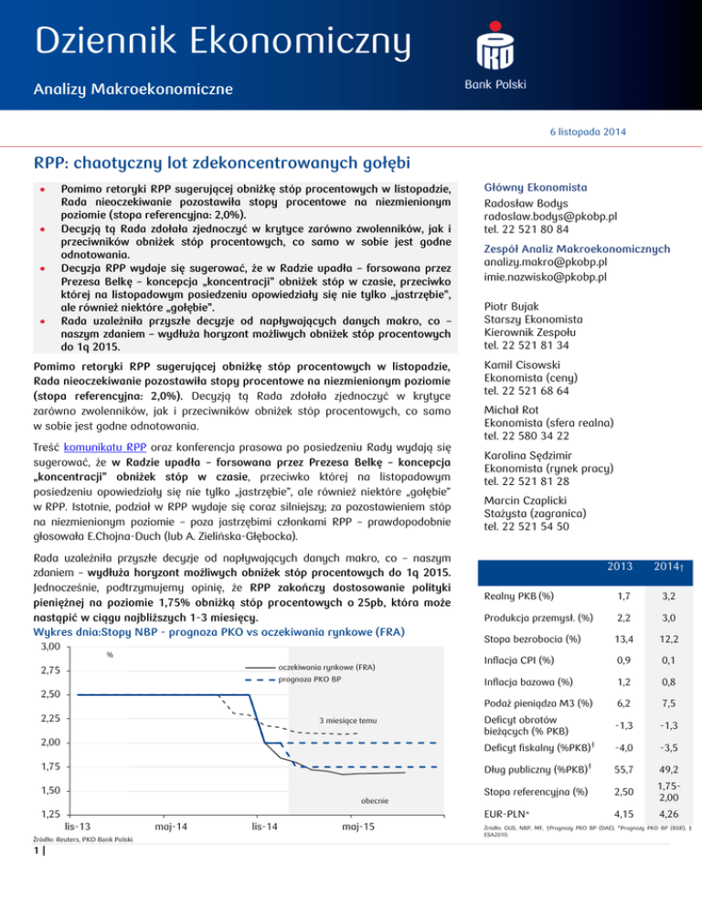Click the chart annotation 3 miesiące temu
click(348, 721)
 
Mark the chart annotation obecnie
click(375, 800)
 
